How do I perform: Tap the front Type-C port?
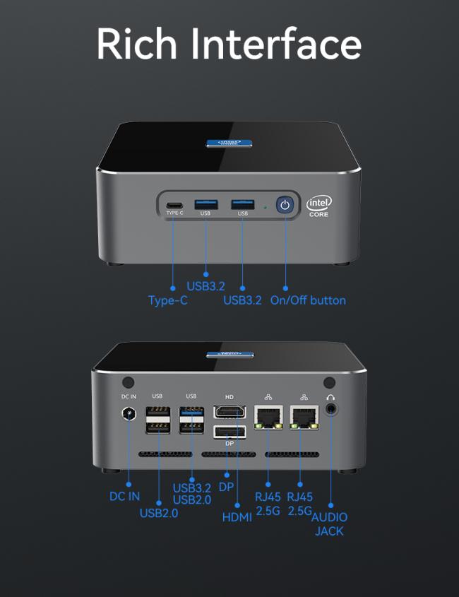(174, 206)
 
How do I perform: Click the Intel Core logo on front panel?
(319, 207)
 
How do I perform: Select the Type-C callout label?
(168, 300)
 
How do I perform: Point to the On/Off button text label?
(308, 300)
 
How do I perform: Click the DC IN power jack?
(129, 413)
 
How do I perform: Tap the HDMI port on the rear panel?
(229, 412)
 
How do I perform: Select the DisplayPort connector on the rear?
(229, 432)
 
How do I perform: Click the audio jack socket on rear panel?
(330, 410)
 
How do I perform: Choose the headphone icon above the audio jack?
(330, 397)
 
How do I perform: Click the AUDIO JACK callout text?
(329, 524)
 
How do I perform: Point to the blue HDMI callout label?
(237, 517)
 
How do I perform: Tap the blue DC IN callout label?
(124, 496)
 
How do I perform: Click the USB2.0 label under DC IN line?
(159, 513)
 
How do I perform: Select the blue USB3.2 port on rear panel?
(191, 412)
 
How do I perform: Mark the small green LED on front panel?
(266, 208)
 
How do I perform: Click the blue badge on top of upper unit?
(229, 143)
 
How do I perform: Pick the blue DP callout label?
(226, 487)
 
